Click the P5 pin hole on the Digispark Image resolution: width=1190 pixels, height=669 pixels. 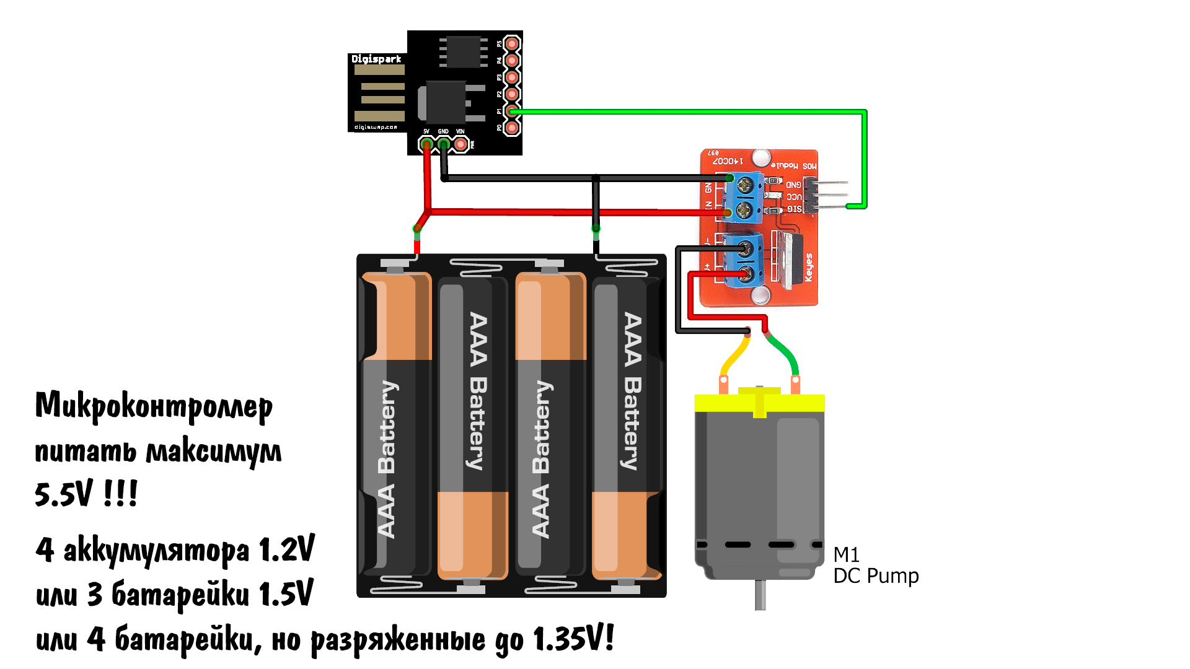click(511, 44)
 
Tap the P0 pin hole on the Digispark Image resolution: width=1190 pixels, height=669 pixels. click(511, 128)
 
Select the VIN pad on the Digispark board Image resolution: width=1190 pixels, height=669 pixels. click(461, 144)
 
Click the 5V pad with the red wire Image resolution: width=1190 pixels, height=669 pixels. click(426, 144)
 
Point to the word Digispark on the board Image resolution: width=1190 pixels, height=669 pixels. click(376, 59)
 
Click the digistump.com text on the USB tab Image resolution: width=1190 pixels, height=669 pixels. click(376, 127)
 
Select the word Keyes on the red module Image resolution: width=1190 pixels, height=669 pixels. click(808, 267)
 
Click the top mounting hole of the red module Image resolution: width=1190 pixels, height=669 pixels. click(760, 158)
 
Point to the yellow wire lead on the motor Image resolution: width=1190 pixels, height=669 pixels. click(734, 356)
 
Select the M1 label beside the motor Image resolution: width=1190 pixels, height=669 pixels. click(846, 554)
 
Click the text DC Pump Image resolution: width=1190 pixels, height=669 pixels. click(876, 576)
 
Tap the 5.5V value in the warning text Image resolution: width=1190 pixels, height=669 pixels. click(63, 494)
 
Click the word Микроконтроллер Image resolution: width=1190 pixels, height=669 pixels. click(154, 406)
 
